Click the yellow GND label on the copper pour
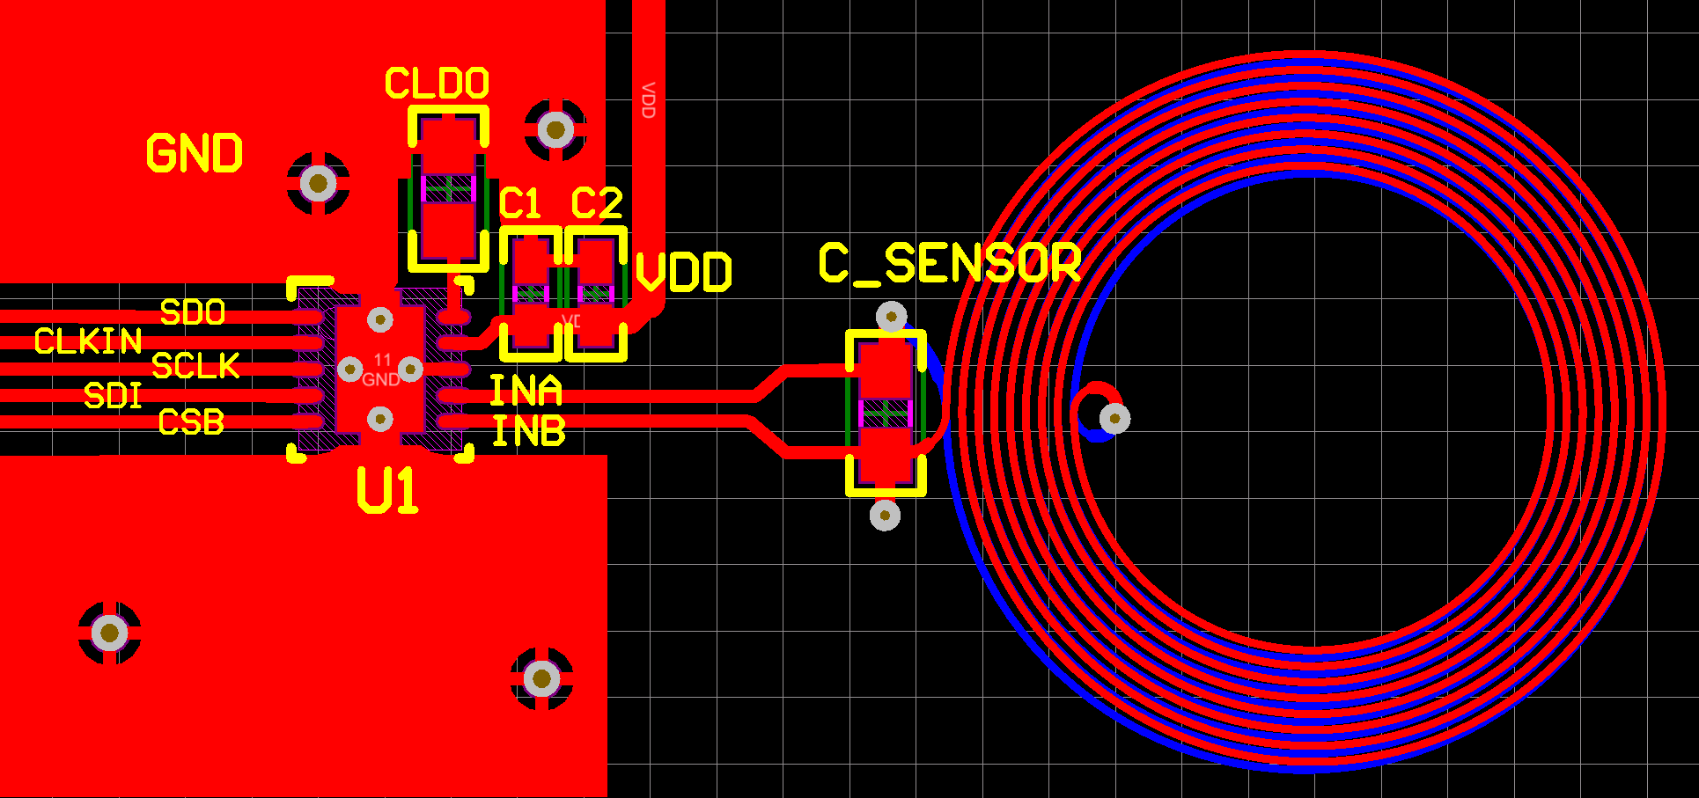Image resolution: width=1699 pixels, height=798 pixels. click(x=195, y=153)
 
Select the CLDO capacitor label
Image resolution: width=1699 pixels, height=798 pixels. click(x=437, y=84)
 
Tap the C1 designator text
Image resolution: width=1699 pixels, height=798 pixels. click(x=520, y=204)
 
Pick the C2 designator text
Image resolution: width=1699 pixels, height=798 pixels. click(x=597, y=204)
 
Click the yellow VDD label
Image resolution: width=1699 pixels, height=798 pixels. click(x=683, y=272)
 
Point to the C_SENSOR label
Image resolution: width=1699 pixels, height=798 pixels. click(x=950, y=263)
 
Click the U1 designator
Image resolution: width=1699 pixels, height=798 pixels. click(x=387, y=490)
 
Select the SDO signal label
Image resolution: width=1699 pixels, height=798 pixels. click(x=193, y=312)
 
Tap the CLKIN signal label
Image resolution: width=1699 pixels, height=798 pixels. click(x=88, y=341)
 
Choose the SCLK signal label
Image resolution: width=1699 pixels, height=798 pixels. click(x=195, y=366)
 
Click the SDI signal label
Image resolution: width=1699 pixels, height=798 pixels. click(x=114, y=396)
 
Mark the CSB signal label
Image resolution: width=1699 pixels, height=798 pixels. click(x=191, y=422)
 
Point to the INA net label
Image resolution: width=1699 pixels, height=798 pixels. click(x=526, y=391)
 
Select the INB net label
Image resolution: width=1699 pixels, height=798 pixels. click(x=528, y=431)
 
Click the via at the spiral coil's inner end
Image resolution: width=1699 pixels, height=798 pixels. click(x=1114, y=418)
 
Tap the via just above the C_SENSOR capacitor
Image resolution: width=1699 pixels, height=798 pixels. click(x=891, y=316)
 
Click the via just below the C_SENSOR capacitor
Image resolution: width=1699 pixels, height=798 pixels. click(x=885, y=515)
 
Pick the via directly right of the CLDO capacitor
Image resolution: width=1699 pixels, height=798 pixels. click(x=555, y=131)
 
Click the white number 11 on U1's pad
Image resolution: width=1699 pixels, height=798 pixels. click(x=382, y=360)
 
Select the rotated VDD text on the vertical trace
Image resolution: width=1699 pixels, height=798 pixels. click(x=649, y=100)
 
